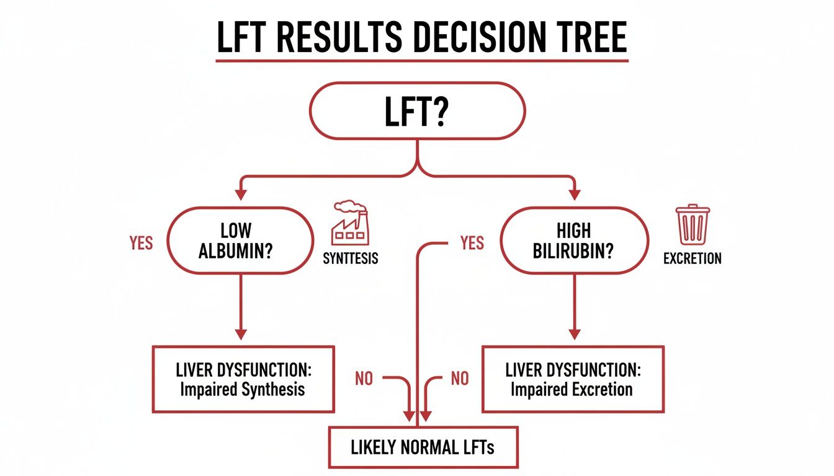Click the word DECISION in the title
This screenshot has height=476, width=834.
pos(472,38)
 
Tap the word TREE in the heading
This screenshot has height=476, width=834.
pos(589,38)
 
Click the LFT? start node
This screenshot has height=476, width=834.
pos(417,111)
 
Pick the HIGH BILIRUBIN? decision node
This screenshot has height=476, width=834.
pos(573,240)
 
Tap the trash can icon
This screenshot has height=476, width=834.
pos(693,226)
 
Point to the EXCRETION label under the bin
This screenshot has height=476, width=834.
pos(693,258)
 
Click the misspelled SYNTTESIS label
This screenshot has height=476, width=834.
pos(350,258)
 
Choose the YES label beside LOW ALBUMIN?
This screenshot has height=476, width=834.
pos(141,243)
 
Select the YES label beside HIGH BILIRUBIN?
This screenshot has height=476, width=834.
pos(472,243)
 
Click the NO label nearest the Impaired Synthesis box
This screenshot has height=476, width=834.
pos(364,378)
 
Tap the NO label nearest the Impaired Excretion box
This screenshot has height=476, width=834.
pos(460,378)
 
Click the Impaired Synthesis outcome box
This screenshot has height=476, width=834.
pos(243,379)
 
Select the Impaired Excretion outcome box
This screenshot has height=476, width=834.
pos(572,379)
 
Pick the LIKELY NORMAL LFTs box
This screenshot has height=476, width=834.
pos(423,447)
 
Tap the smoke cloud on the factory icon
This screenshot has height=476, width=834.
pos(346,206)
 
